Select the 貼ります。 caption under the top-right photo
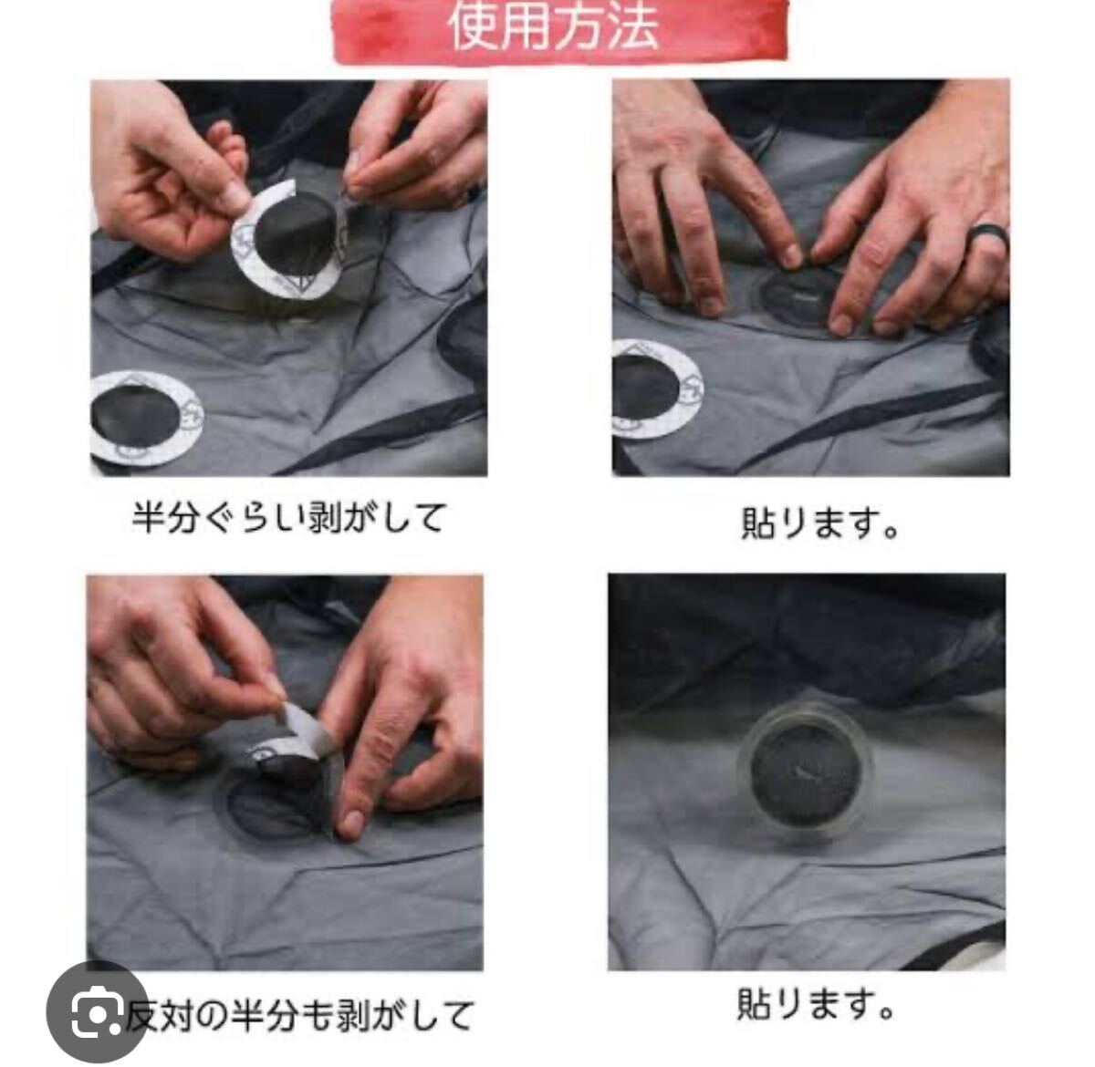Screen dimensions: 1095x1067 click(819, 523)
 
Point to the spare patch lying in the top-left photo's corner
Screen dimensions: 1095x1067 click(145, 418)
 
